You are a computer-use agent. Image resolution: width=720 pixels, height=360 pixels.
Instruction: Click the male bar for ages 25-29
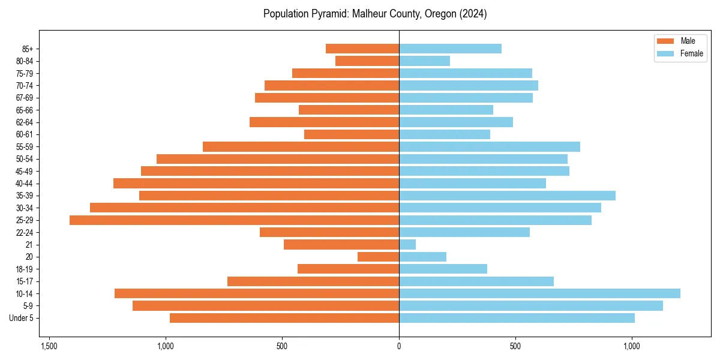pos(234,220)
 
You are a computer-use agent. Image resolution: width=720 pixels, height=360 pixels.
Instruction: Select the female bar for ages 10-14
pos(539,293)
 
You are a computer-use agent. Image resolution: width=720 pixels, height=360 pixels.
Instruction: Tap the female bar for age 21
pos(407,245)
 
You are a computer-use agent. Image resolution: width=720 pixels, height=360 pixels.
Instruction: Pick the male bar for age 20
pos(378,257)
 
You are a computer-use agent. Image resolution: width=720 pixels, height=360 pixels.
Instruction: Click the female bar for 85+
pos(450,49)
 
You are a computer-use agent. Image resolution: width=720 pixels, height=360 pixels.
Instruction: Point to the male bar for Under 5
pos(284,318)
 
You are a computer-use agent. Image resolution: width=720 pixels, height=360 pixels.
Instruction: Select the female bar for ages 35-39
pos(507,196)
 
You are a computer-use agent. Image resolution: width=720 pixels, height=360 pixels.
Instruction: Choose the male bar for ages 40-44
pos(256,183)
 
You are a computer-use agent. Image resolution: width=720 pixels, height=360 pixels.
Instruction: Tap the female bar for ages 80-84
pos(424,61)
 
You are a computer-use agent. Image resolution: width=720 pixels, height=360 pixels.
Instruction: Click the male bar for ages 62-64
pos(324,122)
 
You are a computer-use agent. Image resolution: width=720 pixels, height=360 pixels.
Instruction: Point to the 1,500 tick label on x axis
pos(49,346)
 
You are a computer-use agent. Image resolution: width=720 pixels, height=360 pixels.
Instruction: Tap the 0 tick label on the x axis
pos(399,346)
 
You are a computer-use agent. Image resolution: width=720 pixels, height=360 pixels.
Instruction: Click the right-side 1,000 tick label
pos(631,346)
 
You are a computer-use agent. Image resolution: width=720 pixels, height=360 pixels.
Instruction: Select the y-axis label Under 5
pos(21,318)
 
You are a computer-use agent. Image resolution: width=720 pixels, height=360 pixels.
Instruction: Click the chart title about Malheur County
pos(375,14)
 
